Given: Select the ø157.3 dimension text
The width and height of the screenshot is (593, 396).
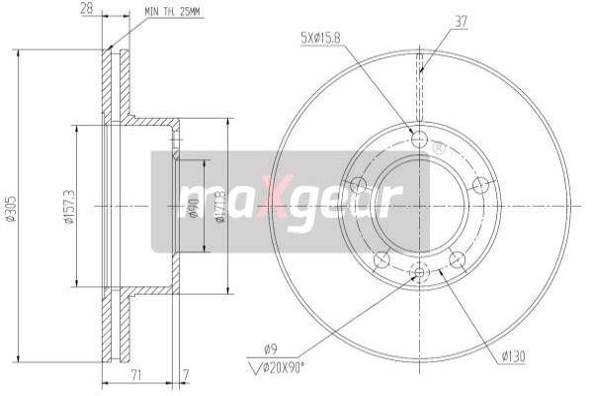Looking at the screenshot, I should [x=68, y=207].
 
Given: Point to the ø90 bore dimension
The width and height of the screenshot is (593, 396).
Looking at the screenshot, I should [x=195, y=207].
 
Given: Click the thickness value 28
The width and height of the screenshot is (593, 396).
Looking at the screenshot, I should [x=88, y=10].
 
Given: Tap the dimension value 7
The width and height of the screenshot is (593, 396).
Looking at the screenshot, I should [x=187, y=377].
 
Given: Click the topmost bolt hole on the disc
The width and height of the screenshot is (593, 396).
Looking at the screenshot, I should [x=419, y=139].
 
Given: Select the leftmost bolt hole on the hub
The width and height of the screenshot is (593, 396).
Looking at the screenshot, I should [x=359, y=185].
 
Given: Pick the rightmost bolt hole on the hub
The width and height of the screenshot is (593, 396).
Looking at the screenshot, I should [x=481, y=185].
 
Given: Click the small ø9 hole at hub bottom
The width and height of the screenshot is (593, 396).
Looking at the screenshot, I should [x=419, y=272].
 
